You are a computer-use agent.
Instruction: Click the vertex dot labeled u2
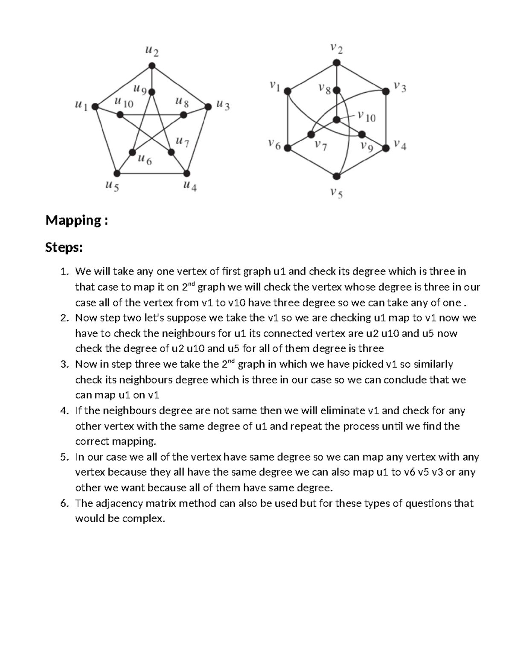[x=152, y=66]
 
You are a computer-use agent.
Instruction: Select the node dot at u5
[x=117, y=173]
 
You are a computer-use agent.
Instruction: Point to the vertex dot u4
[x=186, y=173]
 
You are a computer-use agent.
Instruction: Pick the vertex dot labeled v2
[x=337, y=63]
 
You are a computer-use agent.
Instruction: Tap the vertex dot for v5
[x=337, y=176]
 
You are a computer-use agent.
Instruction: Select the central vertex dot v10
[x=337, y=119]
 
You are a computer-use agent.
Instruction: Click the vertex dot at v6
[x=288, y=148]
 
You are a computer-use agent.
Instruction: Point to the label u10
[x=124, y=103]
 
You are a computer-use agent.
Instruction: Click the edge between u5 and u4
[x=151, y=173]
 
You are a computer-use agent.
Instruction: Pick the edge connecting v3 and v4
[x=386, y=120]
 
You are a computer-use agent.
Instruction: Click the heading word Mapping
[x=71, y=220]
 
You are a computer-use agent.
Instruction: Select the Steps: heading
[x=64, y=247]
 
